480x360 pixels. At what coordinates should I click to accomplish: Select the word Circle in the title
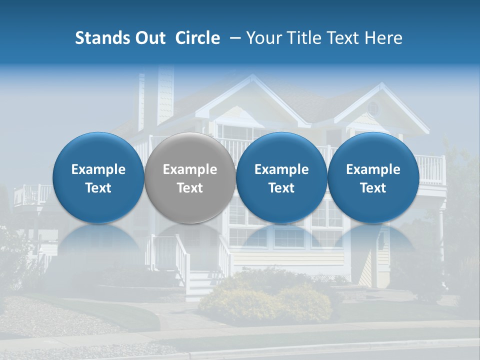[x=197, y=38]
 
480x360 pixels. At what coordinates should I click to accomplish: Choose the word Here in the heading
[x=383, y=38]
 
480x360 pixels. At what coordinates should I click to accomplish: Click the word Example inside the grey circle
[x=190, y=169]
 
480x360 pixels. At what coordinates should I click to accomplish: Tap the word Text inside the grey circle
[x=190, y=188]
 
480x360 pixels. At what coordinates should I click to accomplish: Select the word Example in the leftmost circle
[x=98, y=169]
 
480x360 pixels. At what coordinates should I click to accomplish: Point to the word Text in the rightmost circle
[x=373, y=188]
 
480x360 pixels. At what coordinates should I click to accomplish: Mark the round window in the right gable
[x=373, y=107]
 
